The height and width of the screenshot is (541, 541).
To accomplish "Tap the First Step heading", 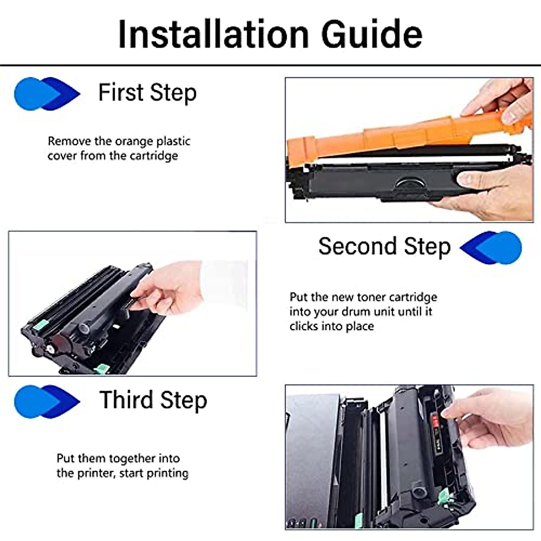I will pyautogui.click(x=147, y=93).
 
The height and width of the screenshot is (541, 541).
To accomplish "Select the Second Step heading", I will pyautogui.click(x=384, y=247).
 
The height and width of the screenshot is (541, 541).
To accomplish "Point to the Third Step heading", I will pyautogui.click(x=153, y=400).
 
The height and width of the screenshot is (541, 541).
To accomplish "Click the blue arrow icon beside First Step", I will pyautogui.click(x=47, y=94).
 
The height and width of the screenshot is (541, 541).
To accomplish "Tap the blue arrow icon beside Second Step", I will pyautogui.click(x=491, y=248).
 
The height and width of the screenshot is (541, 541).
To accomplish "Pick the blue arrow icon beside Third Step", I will pyautogui.click(x=47, y=401).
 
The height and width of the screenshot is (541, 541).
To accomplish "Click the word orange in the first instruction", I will pyautogui.click(x=134, y=141).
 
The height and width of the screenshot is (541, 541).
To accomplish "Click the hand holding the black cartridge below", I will pyautogui.click(x=491, y=189).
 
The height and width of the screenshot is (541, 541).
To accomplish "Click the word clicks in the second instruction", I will pyautogui.click(x=304, y=326).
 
